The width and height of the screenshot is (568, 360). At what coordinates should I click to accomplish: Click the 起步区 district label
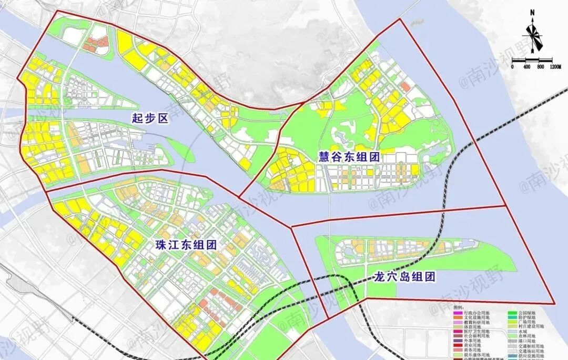149,119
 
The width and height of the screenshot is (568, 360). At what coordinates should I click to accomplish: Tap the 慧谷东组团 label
349,156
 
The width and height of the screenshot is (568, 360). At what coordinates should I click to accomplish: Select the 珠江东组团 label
187,245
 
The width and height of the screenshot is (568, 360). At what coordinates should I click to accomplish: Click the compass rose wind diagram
533,36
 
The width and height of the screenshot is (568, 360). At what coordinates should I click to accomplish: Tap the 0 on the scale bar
513,67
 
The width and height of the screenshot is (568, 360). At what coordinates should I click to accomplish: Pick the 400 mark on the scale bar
526,67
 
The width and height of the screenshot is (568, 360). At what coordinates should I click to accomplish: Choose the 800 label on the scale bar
540,67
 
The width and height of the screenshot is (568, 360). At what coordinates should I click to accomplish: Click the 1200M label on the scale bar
556,67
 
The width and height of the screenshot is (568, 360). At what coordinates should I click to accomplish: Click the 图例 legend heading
459,307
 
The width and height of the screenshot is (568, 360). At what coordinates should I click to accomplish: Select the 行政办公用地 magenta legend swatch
458,314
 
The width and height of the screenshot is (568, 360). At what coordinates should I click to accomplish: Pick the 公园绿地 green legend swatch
511,314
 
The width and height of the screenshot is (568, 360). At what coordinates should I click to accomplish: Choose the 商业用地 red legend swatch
458,345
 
